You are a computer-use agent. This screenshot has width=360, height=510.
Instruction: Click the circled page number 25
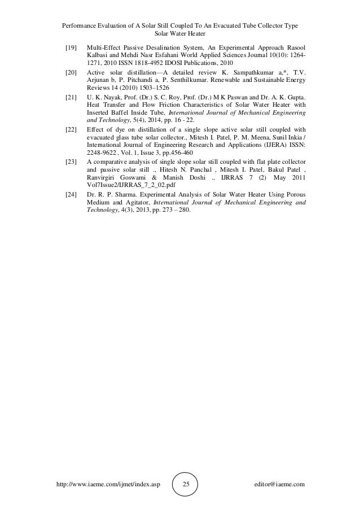pos(187,484)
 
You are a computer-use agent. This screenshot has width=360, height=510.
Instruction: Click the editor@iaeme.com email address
pos(280,484)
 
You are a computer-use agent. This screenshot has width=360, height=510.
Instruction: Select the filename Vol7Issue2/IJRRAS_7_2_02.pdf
pos(129,185)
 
